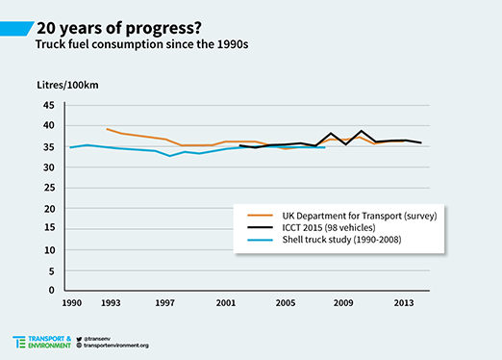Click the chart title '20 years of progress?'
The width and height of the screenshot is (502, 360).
pyautogui.click(x=119, y=29)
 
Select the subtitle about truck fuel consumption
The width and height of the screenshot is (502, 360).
pyautogui.click(x=141, y=44)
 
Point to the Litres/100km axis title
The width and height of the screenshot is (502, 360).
pyautogui.click(x=67, y=85)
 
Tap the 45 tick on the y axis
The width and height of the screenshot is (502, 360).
pyautogui.click(x=49, y=105)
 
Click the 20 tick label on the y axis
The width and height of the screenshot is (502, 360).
pyautogui.click(x=49, y=209)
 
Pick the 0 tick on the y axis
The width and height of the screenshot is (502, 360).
pyautogui.click(x=52, y=290)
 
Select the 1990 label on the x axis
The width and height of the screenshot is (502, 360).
pyautogui.click(x=71, y=303)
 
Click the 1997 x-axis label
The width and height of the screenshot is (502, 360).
pyautogui.click(x=164, y=303)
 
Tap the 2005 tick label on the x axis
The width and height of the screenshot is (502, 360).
pyautogui.click(x=286, y=303)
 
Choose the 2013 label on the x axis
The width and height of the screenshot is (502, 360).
pyautogui.click(x=404, y=303)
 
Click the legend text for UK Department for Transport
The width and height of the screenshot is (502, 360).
pyautogui.click(x=360, y=216)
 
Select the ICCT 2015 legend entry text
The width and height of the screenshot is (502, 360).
pyautogui.click(x=329, y=228)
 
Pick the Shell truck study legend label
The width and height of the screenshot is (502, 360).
pyautogui.click(x=341, y=240)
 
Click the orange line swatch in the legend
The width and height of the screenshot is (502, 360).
pyautogui.click(x=260, y=216)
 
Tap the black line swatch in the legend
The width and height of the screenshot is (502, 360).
pyautogui.click(x=260, y=227)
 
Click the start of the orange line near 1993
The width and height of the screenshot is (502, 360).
pyautogui.click(x=107, y=129)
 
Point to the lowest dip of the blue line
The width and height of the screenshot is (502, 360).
pyautogui.click(x=169, y=156)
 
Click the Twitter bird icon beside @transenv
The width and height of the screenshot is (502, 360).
pyautogui.click(x=79, y=339)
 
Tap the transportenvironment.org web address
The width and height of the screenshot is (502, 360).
pyautogui.click(x=116, y=346)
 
